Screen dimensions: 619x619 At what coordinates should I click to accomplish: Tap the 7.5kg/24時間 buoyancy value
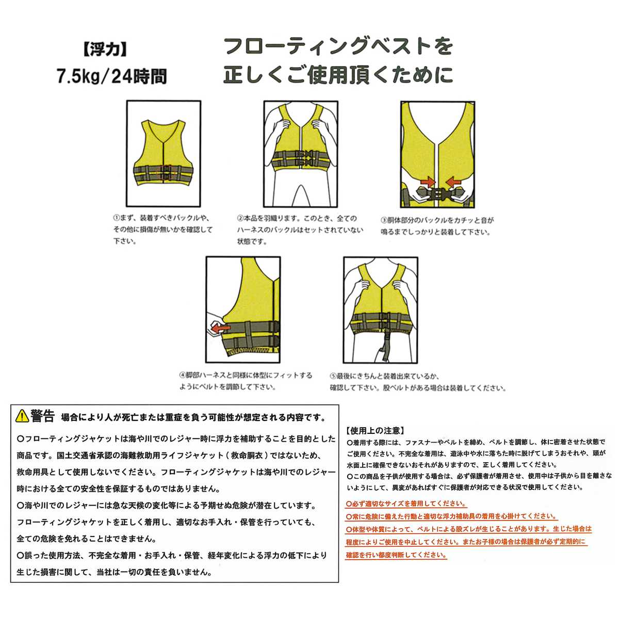point(111,77)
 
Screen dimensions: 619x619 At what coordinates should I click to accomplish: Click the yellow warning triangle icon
point(22,415)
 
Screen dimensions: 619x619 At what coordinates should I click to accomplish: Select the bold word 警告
point(42,415)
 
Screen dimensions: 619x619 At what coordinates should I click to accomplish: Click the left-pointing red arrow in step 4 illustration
point(220,327)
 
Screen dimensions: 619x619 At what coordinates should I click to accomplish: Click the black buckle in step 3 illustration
point(437,193)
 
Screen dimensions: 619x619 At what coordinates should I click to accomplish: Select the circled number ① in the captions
point(117,219)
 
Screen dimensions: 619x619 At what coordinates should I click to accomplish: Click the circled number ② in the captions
point(240,219)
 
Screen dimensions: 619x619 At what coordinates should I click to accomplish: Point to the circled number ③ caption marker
point(383,220)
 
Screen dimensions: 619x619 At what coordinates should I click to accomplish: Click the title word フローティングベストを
point(338,46)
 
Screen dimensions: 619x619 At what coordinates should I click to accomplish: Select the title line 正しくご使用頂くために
point(338,75)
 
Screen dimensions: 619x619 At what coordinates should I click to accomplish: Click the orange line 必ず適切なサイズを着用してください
point(406,504)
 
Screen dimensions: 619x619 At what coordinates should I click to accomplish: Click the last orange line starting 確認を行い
point(396,556)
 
